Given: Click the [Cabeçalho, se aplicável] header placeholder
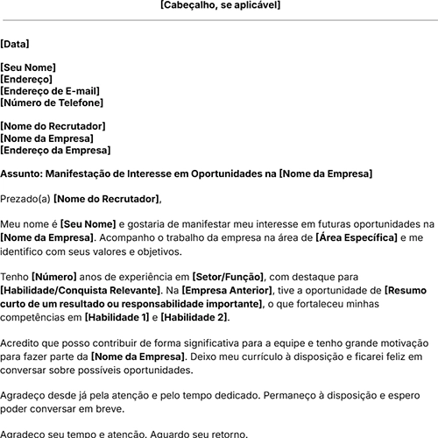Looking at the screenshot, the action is [221, 5].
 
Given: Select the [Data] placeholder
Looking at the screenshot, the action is [15, 42].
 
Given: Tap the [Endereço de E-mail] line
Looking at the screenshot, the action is [50, 91].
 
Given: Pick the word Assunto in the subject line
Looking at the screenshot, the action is [21, 174].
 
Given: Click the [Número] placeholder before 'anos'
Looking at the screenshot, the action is [58, 277].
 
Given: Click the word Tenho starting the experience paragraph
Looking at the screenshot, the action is [16, 277].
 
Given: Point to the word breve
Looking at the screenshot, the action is [110, 408].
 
